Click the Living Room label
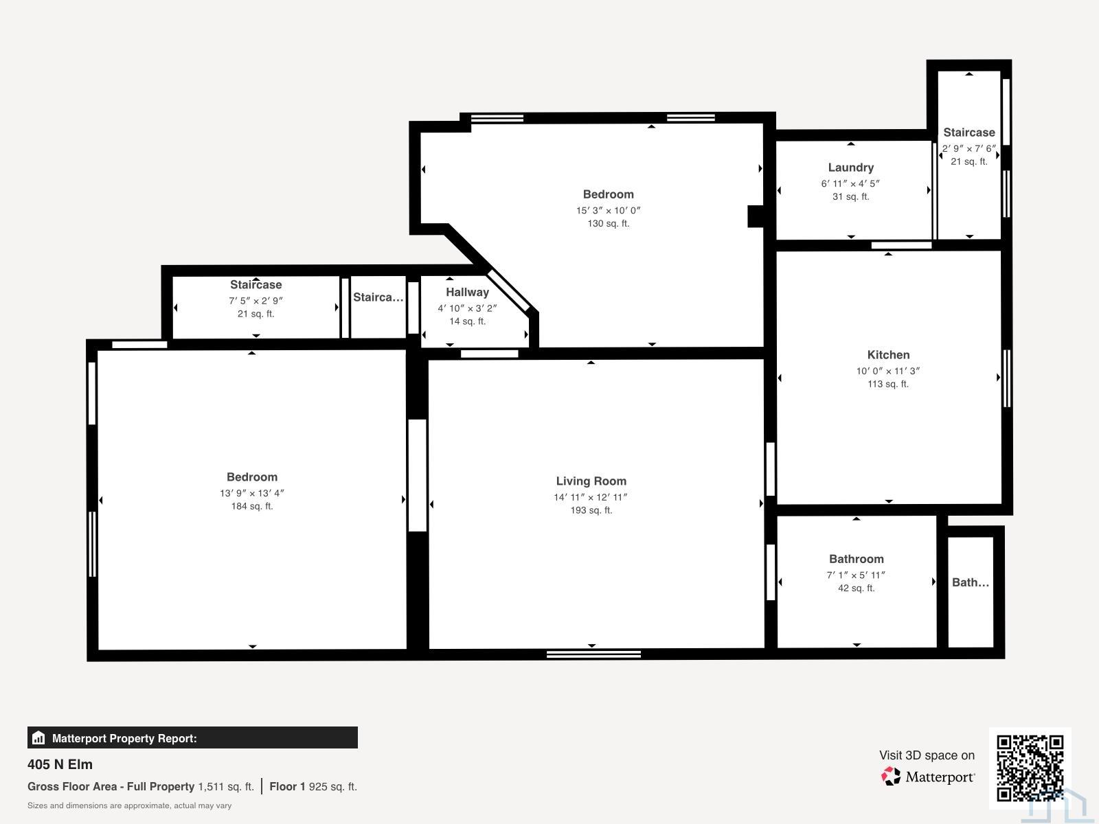591,481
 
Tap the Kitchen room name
888,355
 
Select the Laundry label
850,168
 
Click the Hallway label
467,293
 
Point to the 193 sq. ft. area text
591,510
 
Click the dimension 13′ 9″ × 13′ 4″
252,493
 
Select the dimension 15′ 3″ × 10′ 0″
609,211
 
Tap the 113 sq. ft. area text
887,385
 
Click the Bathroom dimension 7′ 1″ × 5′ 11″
856,575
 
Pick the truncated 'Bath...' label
971,582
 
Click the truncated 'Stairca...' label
378,297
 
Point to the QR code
1030,768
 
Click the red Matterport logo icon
891,777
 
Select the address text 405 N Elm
60,764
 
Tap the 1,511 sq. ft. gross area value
226,786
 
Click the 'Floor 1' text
287,786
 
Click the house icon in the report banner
38,738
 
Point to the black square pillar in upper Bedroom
755,216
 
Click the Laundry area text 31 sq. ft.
850,197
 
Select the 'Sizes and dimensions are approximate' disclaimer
129,805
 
